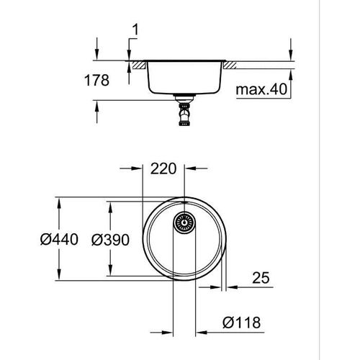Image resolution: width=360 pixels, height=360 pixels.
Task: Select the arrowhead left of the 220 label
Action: coord(142,171)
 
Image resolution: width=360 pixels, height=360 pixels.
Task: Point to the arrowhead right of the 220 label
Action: coord(189,171)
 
